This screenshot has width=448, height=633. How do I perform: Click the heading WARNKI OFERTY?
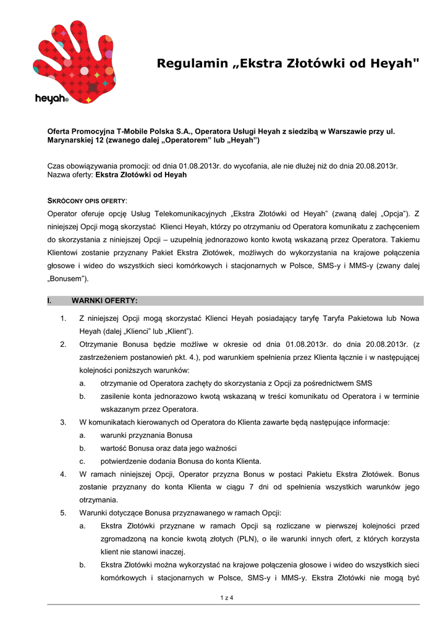coord(105,300)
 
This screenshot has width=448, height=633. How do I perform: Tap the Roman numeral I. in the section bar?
coord(51,300)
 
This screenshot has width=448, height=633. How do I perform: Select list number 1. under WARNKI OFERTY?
coord(63,318)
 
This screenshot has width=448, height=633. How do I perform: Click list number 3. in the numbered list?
coord(63,422)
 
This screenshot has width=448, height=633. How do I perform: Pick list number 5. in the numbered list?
coord(63,513)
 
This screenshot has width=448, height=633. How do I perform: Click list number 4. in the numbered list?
coord(63,474)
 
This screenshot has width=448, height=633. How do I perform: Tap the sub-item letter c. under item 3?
coord(82,461)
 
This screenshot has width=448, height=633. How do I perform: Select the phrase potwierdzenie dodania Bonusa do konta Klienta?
coord(181,461)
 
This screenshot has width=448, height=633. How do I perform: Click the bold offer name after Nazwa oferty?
coord(140,175)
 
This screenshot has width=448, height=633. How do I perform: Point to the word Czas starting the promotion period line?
coord(57,166)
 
